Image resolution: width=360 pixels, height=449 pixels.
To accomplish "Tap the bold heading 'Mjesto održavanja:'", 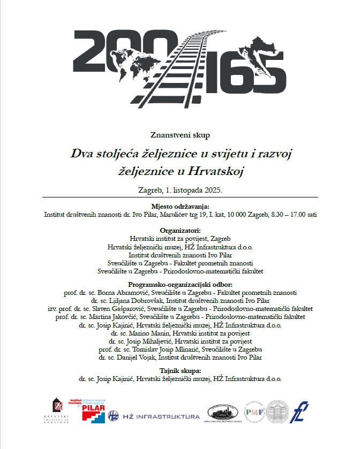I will pos(180,206).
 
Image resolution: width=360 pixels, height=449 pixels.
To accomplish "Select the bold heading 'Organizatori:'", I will pos(180,230).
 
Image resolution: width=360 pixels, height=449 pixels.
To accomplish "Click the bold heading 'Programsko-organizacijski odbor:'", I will pos(180,284).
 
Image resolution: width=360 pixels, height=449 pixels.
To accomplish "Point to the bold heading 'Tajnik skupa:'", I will pos(180,371).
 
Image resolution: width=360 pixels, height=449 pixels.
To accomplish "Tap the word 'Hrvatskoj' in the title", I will pos(216,171).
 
